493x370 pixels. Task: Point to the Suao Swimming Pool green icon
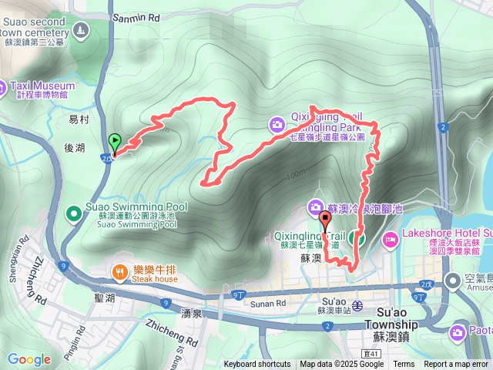coord(74,212)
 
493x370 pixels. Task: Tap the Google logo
coord(29,359)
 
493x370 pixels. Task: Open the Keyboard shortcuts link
coord(257,365)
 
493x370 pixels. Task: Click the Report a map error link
coord(457,365)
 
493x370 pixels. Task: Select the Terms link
coord(404,365)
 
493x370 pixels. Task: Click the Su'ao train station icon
coord(357,304)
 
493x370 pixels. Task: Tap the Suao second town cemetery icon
coord(81,30)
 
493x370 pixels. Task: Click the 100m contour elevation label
coord(294,175)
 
